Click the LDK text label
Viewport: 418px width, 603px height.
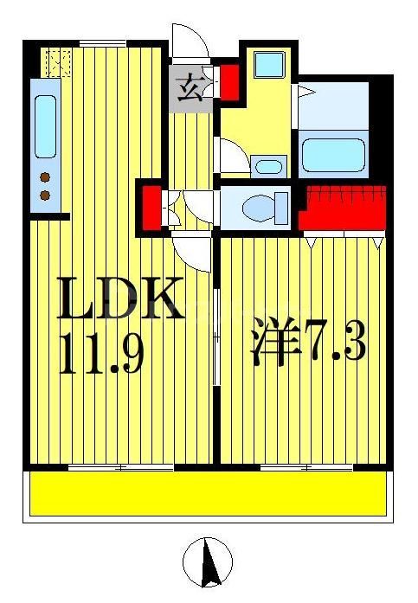coord(120,299)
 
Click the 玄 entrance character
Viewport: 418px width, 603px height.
coord(191,88)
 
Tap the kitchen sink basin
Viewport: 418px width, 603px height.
coord(45,125)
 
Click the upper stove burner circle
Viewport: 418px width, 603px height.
coord(45,178)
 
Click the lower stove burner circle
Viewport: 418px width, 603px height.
coord(45,196)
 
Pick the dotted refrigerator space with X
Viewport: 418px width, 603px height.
coord(59,62)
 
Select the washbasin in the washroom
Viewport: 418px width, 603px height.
coord(271,165)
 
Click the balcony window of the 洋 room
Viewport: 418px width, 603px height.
coord(302,468)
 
